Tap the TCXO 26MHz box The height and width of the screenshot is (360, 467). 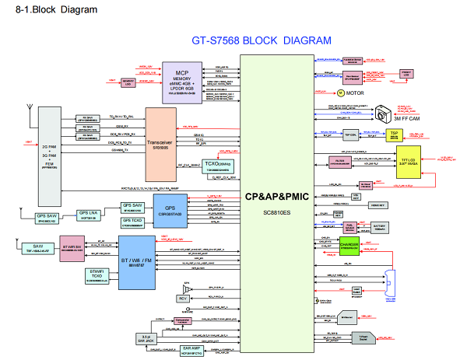pos(214,165)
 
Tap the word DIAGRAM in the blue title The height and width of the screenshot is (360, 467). pos(301,40)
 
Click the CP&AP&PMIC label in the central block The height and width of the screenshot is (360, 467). pos(278,197)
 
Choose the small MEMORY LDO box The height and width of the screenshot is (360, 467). pos(130,81)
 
